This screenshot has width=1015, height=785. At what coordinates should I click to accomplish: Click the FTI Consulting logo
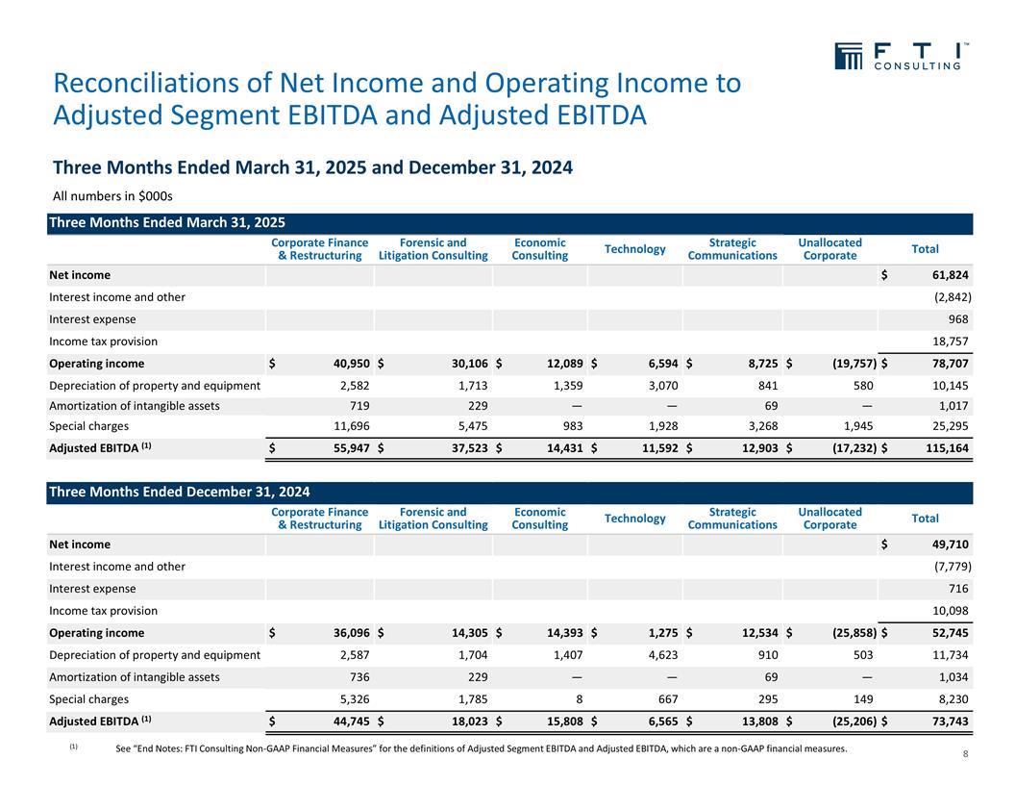900,56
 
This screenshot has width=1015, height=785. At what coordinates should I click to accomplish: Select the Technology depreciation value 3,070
658,385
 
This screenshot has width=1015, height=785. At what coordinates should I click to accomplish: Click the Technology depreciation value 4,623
658,654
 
